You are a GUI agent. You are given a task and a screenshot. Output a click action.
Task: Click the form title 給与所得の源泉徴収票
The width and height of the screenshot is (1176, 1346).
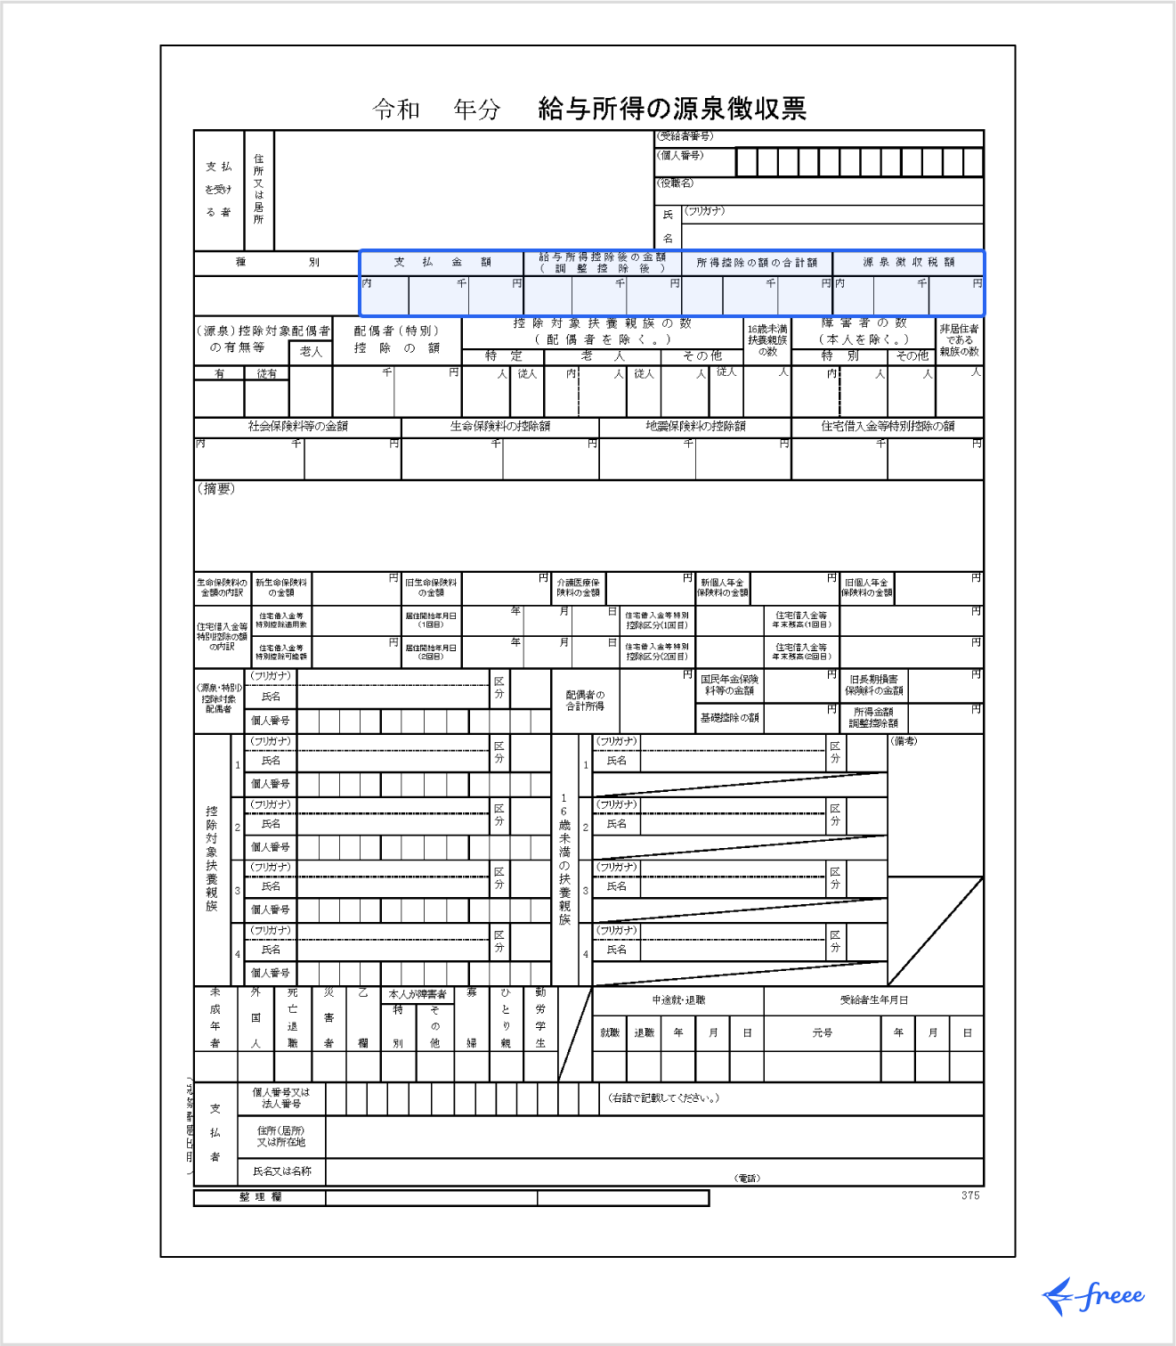coord(672,109)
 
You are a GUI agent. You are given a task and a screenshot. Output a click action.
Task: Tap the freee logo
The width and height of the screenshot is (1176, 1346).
coord(1094,1296)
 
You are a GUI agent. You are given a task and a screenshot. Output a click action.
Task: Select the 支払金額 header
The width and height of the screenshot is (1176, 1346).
coord(442,262)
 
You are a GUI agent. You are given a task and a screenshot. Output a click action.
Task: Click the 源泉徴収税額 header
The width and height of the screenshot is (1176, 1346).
coord(908,262)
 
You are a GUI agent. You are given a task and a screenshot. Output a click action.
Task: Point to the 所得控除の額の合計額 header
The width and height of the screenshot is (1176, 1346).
coord(757,262)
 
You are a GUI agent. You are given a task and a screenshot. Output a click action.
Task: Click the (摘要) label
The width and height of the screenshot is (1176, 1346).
coord(215,488)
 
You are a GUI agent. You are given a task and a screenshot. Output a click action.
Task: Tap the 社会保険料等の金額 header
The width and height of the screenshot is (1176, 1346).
coord(297,426)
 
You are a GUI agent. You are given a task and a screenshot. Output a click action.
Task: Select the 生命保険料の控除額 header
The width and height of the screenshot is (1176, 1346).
coord(499,426)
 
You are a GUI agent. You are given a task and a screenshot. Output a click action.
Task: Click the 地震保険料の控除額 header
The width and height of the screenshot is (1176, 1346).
coord(695,426)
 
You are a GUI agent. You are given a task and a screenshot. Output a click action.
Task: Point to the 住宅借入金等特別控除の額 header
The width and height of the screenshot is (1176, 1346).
coord(888,426)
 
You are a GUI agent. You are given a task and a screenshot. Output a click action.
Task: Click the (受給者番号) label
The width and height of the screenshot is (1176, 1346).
coord(685,136)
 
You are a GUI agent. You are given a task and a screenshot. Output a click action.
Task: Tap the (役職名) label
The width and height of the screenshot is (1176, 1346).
coord(676,183)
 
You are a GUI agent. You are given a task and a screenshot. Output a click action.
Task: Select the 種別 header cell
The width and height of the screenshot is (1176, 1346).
coord(277,262)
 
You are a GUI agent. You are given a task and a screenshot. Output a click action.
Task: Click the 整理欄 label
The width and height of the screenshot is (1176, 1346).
coord(260,1197)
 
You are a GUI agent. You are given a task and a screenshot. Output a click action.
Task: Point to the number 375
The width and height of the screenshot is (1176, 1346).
coord(970,1195)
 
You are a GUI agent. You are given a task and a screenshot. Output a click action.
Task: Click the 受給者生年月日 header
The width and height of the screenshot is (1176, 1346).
coord(873,1000)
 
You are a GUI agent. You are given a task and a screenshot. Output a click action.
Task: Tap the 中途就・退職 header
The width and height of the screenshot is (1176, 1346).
coord(678,1000)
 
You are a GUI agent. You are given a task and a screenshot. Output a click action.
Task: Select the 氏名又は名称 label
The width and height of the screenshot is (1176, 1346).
coord(281,1171)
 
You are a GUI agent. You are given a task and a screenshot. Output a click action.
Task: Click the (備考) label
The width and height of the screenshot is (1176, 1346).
coord(904,741)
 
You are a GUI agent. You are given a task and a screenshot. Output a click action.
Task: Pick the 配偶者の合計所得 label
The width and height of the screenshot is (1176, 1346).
coord(585,700)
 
